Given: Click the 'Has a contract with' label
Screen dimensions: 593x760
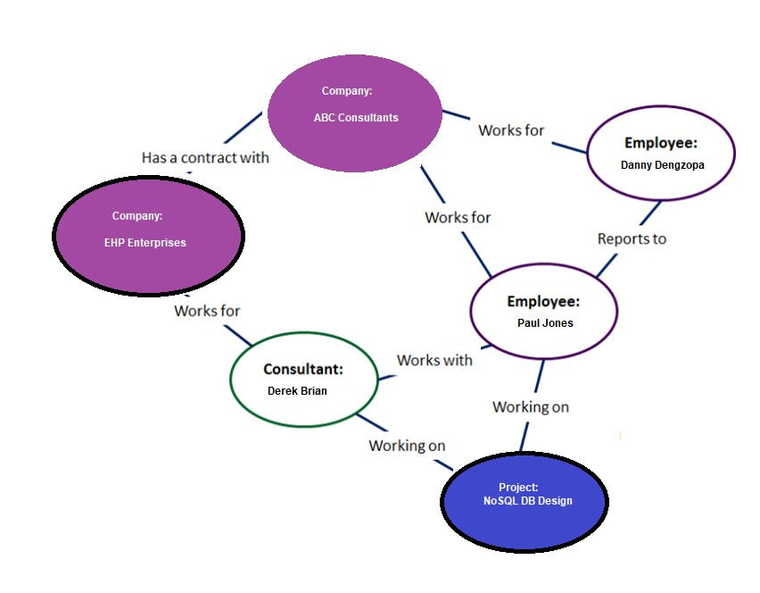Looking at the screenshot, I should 205,157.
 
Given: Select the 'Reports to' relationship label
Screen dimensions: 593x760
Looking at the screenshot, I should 632,238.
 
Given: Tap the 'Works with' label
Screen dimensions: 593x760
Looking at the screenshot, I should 434,360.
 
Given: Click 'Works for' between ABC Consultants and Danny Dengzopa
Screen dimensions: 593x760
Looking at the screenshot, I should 511,130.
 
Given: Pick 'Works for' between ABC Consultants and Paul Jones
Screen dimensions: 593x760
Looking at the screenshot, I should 458,217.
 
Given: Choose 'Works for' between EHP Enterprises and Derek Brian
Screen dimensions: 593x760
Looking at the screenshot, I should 207,311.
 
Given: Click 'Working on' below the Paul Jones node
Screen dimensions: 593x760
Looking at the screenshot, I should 531,406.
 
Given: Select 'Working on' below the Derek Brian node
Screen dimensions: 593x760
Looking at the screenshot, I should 407,446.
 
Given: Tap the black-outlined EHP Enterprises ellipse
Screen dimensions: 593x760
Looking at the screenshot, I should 148,235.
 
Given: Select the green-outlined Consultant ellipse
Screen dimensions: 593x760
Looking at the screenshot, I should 303,379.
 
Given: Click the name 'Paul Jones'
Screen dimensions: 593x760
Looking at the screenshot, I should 545,323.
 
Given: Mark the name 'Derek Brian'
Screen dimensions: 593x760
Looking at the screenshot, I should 297,390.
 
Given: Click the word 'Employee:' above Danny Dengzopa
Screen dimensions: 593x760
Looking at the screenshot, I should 661,143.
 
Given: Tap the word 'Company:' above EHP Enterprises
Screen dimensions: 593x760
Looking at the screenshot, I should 137,216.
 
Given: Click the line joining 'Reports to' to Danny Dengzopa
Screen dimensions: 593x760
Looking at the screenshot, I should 650,213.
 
